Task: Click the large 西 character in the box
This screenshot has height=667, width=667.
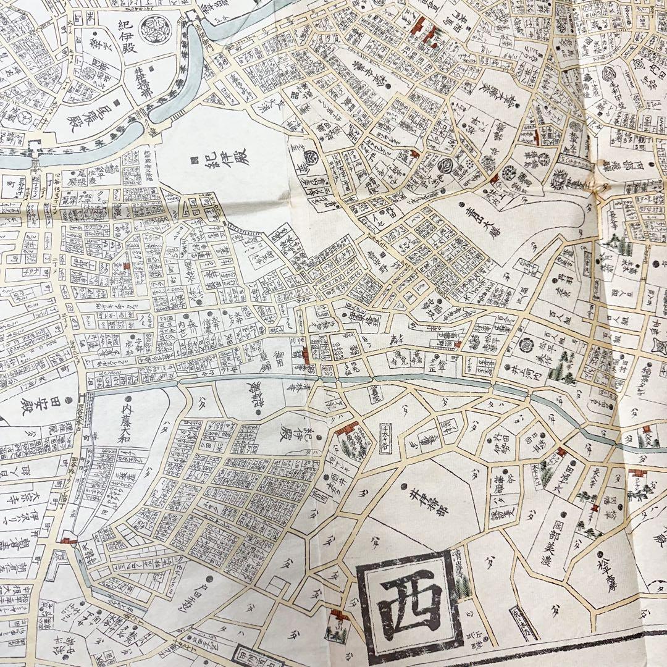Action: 410,597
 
